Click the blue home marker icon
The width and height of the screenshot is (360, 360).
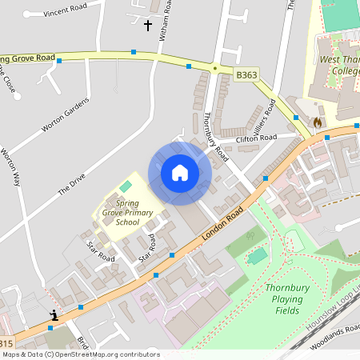pos(180,173)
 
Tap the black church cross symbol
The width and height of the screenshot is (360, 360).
pos(147,26)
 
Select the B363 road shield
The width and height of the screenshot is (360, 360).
pos(246,74)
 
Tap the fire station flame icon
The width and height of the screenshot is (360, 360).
pos(318,123)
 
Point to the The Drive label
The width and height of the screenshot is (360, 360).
pos(71,186)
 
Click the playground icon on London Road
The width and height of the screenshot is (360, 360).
pos(54,315)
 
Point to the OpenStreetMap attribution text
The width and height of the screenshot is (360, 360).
pos(80,354)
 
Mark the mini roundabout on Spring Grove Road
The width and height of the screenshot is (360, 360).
pos(214,69)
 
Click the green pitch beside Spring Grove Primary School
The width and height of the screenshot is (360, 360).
pos(125,186)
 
